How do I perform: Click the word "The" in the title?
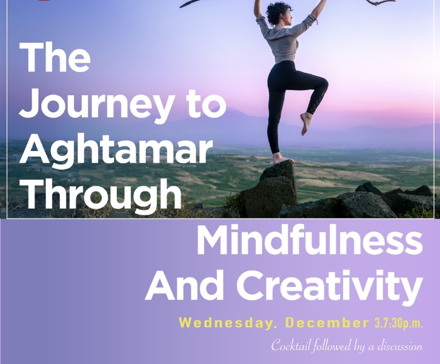pyautogui.click(x=55, y=58)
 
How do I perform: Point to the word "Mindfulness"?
pyautogui.click(x=308, y=241)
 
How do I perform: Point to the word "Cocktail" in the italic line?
pyautogui.click(x=292, y=346)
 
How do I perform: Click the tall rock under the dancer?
pyautogui.click(x=270, y=191)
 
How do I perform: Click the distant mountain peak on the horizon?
pyautogui.click(x=230, y=113)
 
